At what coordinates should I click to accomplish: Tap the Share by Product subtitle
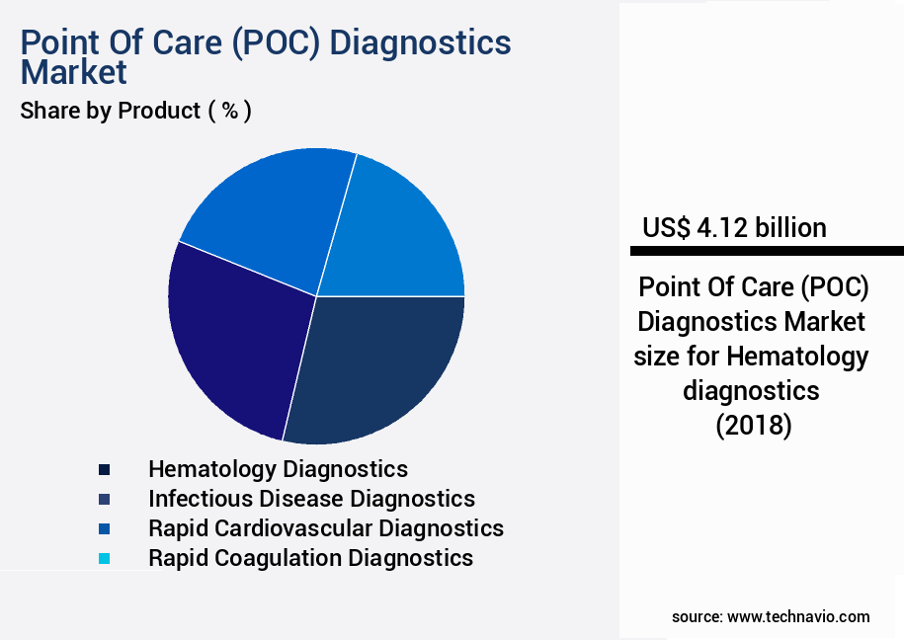click(111, 111)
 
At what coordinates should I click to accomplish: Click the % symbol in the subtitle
click(229, 111)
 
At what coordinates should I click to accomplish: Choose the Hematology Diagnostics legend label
click(278, 468)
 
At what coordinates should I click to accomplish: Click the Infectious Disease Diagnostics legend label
click(311, 498)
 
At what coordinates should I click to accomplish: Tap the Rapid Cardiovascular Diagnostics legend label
click(326, 527)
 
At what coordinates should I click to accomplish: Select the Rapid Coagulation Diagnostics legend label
click(310, 557)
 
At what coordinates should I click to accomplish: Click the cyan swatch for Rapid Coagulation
click(104, 558)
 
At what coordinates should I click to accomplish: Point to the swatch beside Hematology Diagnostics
click(104, 469)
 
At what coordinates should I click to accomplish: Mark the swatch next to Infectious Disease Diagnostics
click(104, 499)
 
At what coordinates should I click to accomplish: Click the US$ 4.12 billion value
click(734, 227)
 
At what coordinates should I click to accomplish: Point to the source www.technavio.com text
click(771, 616)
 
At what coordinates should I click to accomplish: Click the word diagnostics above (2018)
click(752, 390)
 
